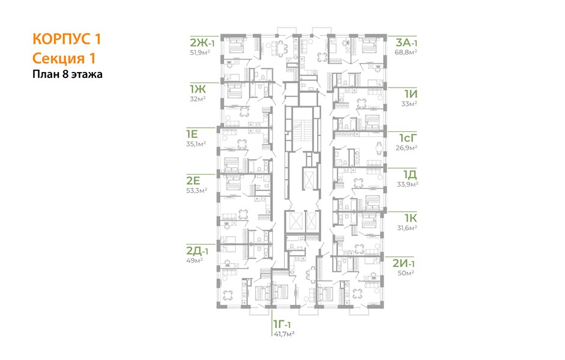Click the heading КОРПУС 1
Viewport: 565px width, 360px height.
(x=67, y=39)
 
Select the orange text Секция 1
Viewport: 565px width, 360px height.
(x=64, y=58)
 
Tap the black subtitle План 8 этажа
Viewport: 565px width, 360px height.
(x=67, y=74)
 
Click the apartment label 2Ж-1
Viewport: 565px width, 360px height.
(x=202, y=43)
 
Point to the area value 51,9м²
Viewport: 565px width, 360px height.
(x=200, y=53)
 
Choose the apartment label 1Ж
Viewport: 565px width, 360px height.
(x=198, y=89)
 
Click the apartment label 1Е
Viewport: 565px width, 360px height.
(x=192, y=134)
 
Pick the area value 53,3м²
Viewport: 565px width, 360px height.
(x=197, y=190)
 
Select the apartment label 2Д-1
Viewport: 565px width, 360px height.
(x=197, y=250)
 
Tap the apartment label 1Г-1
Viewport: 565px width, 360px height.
(x=282, y=325)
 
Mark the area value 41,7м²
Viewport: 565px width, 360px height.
(x=285, y=334)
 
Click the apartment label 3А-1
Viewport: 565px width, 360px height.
(x=406, y=43)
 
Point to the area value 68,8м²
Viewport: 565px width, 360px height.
(x=406, y=52)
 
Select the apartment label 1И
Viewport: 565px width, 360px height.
(x=411, y=94)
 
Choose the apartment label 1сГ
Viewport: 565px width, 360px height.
(x=408, y=138)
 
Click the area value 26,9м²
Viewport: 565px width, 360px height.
(x=407, y=148)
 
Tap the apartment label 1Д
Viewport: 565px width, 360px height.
(x=410, y=175)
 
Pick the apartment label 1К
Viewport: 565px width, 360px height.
(x=411, y=218)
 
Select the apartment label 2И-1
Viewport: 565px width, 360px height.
(x=404, y=263)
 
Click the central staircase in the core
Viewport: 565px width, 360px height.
(x=302, y=130)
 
